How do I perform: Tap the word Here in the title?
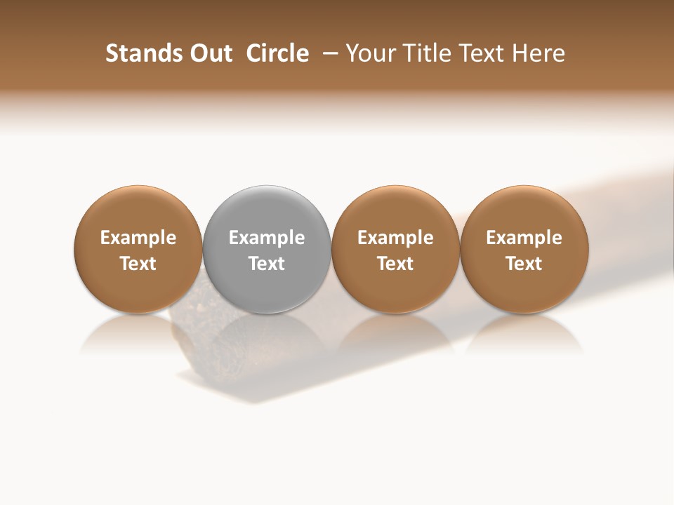coord(538,53)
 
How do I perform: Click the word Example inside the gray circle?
coord(267,238)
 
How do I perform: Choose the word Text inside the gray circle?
coord(267,264)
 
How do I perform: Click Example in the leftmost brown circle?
coord(138,238)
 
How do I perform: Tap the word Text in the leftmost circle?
coord(138,264)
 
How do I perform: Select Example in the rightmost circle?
coord(524,238)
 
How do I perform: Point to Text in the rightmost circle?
coord(524,264)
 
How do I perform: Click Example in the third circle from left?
coord(395,238)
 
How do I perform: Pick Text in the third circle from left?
coord(395,264)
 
